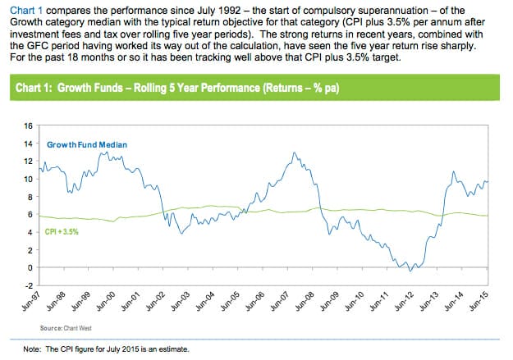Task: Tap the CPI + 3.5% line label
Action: pyautogui.click(x=62, y=232)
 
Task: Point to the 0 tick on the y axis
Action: pyautogui.click(x=30, y=267)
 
